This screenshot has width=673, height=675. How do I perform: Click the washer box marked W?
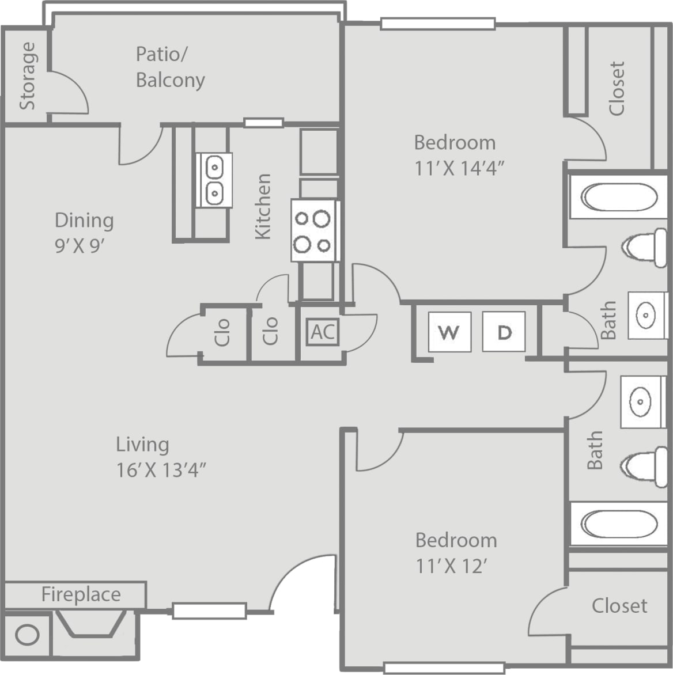coord(449,332)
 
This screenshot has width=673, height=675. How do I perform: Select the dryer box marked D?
coord(504,332)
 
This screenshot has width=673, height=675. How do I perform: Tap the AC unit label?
coord(323,332)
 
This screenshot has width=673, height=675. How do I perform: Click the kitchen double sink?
coord(214,180)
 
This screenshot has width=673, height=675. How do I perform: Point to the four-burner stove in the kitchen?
coord(313,232)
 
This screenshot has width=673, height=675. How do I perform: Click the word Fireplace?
coord(81,594)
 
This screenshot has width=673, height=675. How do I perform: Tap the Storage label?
coord(27,76)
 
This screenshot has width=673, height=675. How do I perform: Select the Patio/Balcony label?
coord(170,67)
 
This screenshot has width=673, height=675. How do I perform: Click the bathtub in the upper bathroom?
coord(618,198)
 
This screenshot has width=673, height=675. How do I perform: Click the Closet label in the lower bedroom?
coord(619,605)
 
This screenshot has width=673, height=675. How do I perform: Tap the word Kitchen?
coord(263,206)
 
